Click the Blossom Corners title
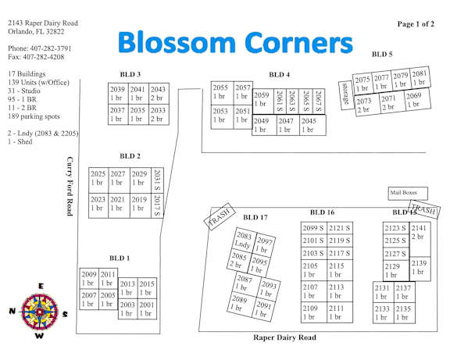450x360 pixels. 235,42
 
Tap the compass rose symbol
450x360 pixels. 39,312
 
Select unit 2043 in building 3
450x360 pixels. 159,94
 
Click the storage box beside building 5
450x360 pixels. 346,95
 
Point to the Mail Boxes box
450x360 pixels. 408,194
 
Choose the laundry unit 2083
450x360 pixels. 244,241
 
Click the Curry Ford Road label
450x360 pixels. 70,186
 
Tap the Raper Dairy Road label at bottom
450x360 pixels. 284,337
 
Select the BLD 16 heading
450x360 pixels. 322,212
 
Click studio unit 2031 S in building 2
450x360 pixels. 157,180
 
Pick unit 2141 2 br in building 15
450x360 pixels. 420,239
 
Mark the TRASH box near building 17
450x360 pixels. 220,216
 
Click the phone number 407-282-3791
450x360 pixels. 51,48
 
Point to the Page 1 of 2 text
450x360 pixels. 416,24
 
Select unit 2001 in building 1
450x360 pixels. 147,309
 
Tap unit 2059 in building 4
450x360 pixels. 262,102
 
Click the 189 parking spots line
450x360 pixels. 34,116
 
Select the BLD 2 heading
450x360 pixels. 130,156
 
